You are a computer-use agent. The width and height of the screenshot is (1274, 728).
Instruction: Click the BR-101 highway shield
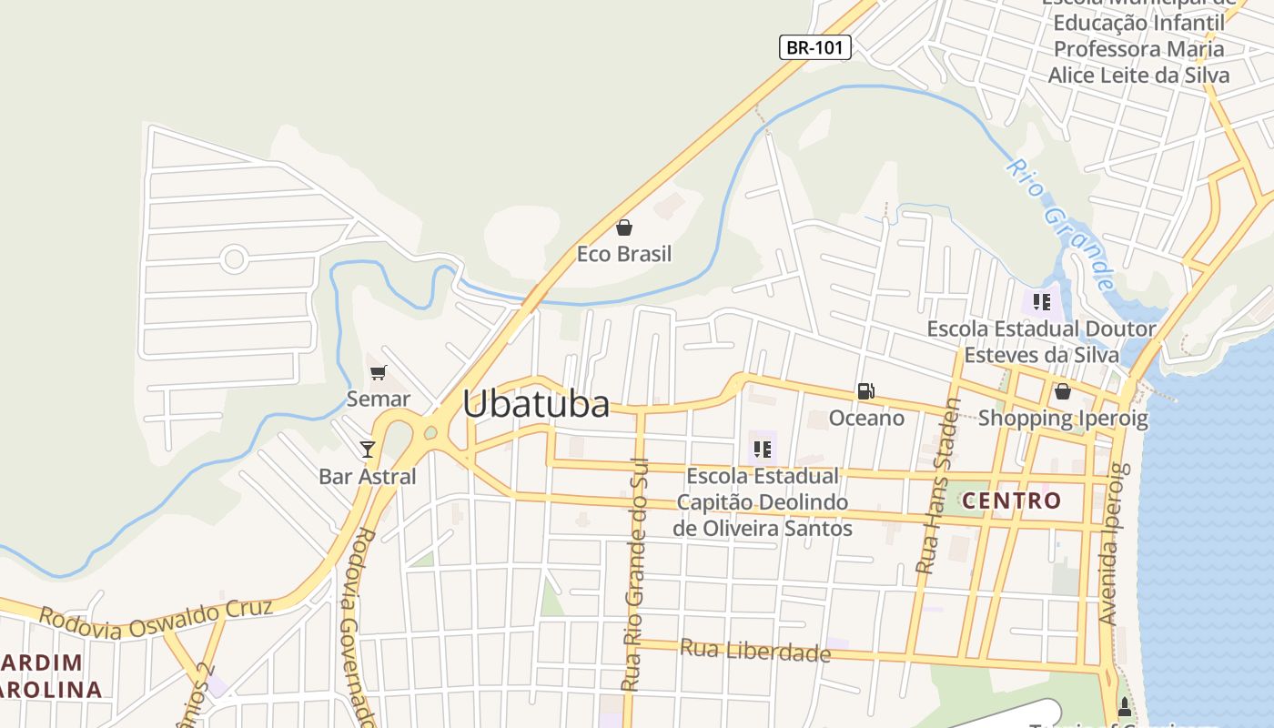click(814, 47)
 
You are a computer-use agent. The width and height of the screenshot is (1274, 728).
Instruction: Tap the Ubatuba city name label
click(536, 404)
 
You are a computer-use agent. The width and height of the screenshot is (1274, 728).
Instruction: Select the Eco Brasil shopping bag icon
click(624, 227)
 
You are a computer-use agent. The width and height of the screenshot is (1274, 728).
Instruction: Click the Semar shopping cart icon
click(379, 372)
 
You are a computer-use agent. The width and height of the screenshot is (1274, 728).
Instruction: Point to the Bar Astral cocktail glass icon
click(368, 449)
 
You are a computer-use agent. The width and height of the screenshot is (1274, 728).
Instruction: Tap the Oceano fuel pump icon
click(865, 391)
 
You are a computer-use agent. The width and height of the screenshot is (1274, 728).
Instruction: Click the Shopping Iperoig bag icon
click(1062, 391)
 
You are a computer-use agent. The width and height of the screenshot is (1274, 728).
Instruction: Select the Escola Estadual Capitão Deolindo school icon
click(763, 449)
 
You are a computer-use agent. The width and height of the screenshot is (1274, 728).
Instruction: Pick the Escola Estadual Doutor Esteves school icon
click(1042, 301)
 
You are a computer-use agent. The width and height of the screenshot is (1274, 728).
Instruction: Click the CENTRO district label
click(1012, 500)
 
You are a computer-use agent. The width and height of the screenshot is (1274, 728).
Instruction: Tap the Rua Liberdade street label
click(755, 651)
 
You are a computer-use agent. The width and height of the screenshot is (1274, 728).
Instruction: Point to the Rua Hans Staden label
click(939, 486)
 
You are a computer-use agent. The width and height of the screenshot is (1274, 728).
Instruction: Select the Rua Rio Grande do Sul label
click(634, 573)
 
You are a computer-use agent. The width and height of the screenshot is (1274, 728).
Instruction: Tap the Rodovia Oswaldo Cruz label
click(156, 618)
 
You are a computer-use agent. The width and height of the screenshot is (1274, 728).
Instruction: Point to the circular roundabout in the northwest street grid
click(234, 259)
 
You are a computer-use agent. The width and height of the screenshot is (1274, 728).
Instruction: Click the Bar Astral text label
click(368, 476)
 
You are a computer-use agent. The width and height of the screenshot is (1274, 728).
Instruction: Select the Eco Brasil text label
click(624, 254)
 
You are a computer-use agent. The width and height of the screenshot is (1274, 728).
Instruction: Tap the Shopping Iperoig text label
click(1063, 419)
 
